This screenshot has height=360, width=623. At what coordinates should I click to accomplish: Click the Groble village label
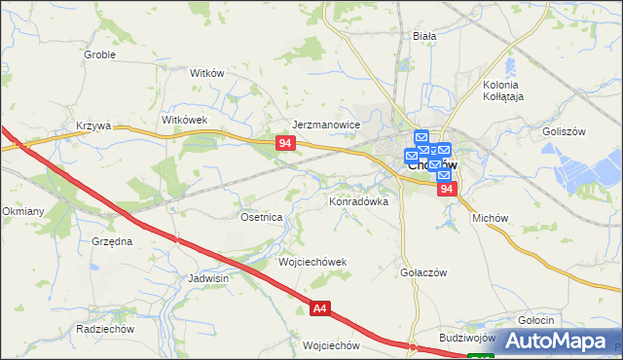point(99,54)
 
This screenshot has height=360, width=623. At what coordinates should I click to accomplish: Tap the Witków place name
point(207,73)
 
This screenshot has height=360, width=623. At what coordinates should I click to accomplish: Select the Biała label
point(424,35)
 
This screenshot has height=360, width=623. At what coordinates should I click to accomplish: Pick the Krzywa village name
point(94,126)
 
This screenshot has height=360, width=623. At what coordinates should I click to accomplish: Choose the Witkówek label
point(186,119)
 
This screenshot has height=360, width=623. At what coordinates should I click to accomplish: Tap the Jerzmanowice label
point(327,125)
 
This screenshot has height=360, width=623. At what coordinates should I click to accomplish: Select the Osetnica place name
point(261,217)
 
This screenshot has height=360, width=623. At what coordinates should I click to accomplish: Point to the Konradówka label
point(358,201)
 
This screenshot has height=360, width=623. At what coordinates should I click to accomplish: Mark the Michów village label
point(491,219)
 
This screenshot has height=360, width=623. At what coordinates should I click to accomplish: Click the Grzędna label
point(112,239)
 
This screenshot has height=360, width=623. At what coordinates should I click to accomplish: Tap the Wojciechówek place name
point(312,263)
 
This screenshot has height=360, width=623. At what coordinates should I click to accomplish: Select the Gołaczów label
point(423,272)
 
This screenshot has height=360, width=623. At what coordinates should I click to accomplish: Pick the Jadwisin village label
point(208,277)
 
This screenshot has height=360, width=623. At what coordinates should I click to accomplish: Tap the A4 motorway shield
point(320,309)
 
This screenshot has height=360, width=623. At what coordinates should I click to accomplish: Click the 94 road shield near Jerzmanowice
point(284,143)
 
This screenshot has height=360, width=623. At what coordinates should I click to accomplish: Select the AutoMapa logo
point(560,341)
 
